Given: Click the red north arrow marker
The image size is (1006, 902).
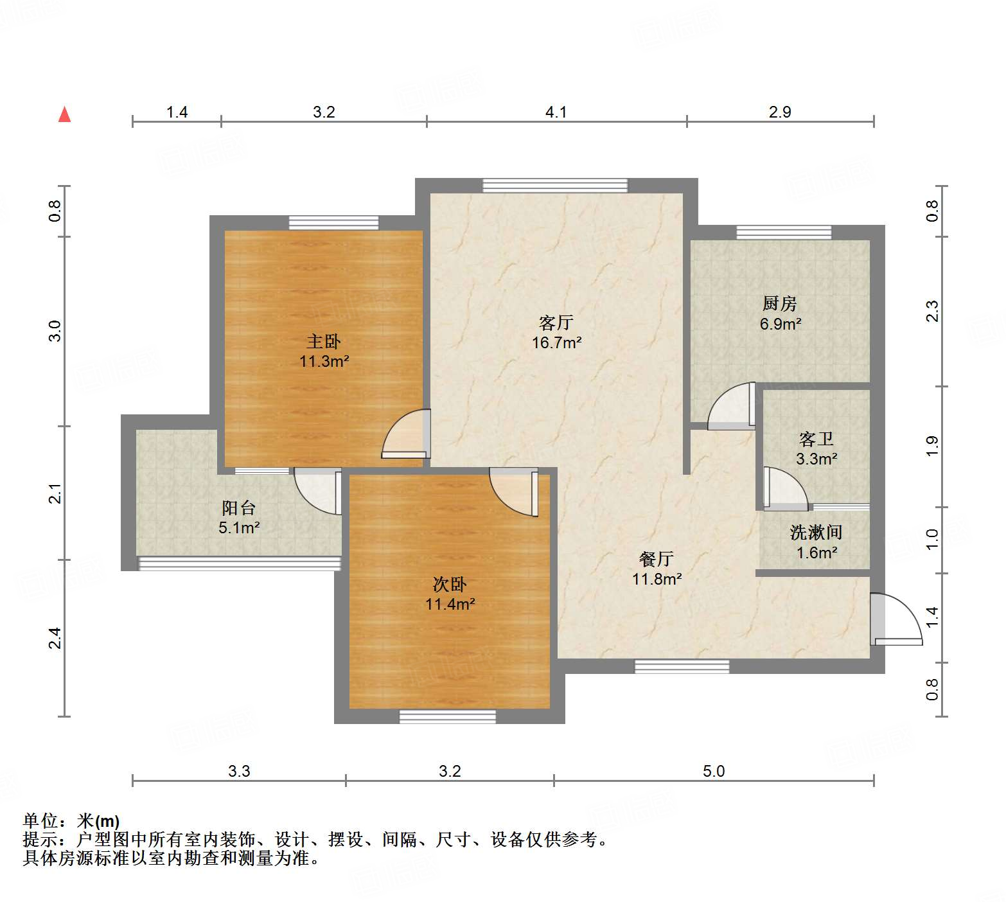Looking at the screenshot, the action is [x=64, y=114].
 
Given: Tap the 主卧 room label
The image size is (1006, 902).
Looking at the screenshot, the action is [x=324, y=341].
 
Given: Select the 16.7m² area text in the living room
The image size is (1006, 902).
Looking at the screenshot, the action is [x=556, y=342].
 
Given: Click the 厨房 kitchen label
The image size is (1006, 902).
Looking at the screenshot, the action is [x=780, y=303].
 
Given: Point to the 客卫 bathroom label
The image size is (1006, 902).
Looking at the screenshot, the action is [x=816, y=439].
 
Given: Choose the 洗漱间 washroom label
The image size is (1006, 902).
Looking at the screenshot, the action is [x=816, y=532].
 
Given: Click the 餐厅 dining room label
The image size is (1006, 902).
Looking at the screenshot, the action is [x=656, y=558].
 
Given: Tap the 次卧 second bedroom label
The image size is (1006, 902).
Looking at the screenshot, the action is [x=450, y=584].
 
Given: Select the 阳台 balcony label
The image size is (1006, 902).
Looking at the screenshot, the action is [x=239, y=508].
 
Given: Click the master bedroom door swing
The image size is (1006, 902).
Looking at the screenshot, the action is [x=405, y=434].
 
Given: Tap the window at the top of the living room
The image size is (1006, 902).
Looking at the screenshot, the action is [x=555, y=185].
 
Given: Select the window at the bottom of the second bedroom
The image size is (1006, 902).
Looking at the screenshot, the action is [x=448, y=716].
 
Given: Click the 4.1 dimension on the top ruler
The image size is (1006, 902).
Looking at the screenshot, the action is [x=556, y=112].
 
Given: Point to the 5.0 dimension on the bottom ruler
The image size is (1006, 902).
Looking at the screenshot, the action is [x=713, y=771].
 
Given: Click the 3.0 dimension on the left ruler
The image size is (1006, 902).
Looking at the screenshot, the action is [x=55, y=330].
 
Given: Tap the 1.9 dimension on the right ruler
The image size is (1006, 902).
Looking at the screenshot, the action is [x=932, y=446].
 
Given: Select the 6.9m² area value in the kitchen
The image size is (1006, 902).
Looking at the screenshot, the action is [x=780, y=324].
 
